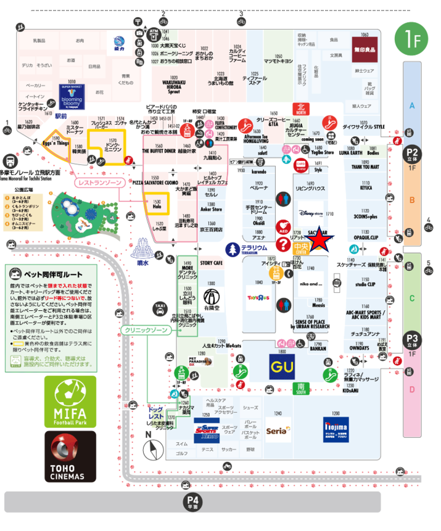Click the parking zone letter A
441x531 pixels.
coord(412,105)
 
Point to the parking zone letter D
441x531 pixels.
coord(412,389)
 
